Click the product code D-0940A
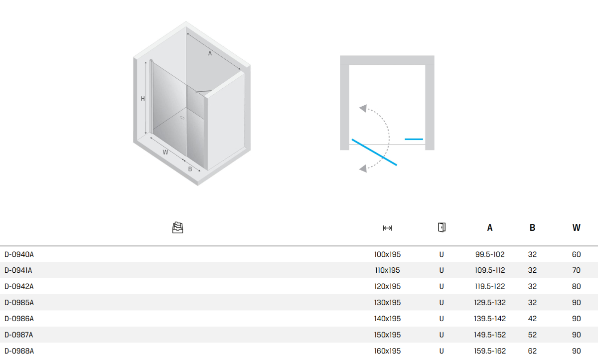pos(19,254)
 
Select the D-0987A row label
pos(19,335)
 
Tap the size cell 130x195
pos(387,303)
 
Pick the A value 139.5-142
pos(490,319)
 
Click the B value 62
pos(532,351)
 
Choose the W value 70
pos(577,270)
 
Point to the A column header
pos(489,227)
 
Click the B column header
pos(532,227)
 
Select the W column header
pos(577,227)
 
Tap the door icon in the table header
pos(442,227)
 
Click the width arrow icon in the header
pos(387,228)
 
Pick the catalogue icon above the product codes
pos(177,228)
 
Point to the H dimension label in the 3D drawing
pos(143,99)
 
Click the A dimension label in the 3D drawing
pos(210,54)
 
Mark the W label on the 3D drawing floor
pos(165,152)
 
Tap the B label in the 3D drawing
pos(190,169)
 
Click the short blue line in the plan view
pos(414,139)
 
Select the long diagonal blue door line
pos(374,152)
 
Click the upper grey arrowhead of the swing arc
pos(363,108)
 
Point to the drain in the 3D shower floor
pos(182,118)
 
